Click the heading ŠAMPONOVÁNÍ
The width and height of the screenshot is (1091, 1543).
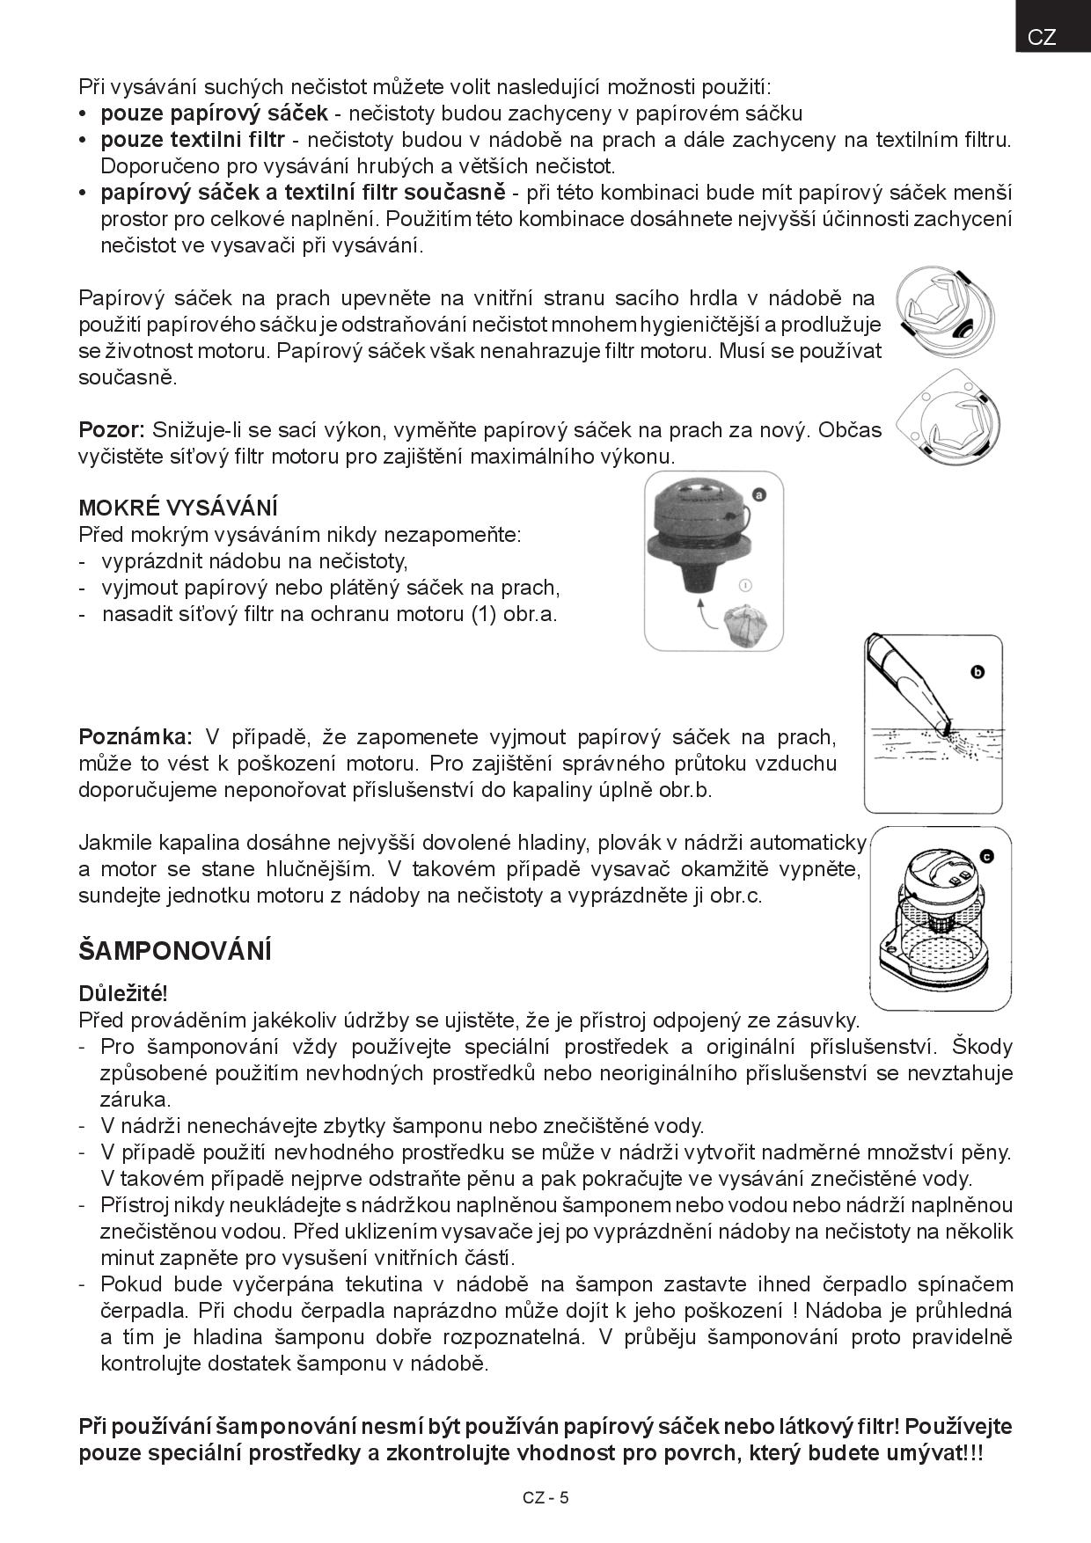[175, 951]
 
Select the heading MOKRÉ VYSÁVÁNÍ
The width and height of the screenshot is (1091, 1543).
[178, 508]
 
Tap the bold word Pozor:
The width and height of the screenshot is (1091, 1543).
[112, 430]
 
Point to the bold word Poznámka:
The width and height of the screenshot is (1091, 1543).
[135, 736]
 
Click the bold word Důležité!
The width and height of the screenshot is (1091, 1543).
[122, 993]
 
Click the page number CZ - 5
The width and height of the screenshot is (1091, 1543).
[545, 1497]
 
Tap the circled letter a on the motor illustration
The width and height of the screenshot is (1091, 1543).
[758, 494]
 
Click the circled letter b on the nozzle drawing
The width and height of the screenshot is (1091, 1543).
[977, 672]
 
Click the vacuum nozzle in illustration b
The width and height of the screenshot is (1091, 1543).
[906, 686]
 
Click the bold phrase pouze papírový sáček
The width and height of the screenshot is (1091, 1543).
[214, 113]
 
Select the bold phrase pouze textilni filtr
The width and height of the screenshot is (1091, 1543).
[193, 139]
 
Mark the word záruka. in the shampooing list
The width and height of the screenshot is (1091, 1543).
[135, 1099]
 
